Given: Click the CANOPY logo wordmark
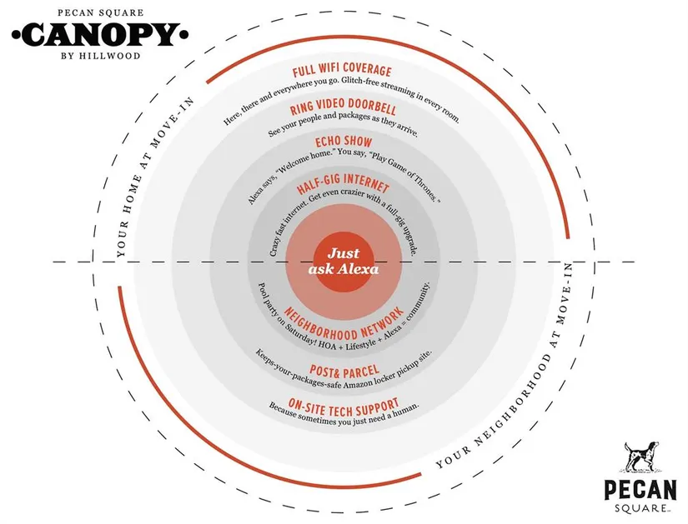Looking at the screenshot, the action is pyautogui.click(x=100, y=35).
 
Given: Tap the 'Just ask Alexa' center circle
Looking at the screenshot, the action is pyautogui.click(x=344, y=262).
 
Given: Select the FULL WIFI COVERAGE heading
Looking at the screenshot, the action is pyautogui.click(x=342, y=70).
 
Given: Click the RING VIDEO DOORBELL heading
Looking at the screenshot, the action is pyautogui.click(x=343, y=106).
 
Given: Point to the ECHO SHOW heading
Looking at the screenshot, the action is pyautogui.click(x=344, y=141).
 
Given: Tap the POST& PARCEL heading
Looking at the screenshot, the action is pyautogui.click(x=344, y=372).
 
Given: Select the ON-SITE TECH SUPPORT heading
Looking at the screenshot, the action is pyautogui.click(x=344, y=407).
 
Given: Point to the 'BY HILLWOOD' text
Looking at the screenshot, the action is pyautogui.click(x=100, y=56).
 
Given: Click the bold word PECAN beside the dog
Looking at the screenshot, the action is pyautogui.click(x=640, y=489).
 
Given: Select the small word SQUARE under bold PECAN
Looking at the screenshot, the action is pyautogui.click(x=642, y=509).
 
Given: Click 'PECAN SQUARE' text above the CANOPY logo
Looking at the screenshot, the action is pyautogui.click(x=100, y=12).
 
